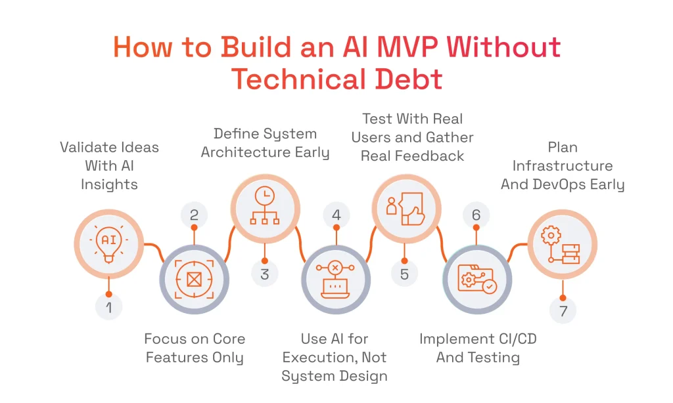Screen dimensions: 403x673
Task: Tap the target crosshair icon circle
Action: [x=194, y=280]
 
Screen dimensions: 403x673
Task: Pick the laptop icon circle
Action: [x=335, y=280]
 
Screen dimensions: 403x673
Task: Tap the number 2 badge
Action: [x=194, y=215]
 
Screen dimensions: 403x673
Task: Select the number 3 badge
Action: [x=265, y=273]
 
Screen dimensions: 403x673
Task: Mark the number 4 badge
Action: [x=336, y=215]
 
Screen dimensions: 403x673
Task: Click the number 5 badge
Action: [x=405, y=273]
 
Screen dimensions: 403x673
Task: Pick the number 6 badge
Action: [x=476, y=215]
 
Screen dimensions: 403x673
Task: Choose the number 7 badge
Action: [x=563, y=310]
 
